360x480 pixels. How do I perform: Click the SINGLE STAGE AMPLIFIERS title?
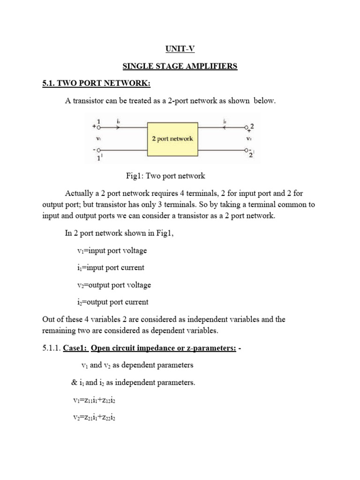[x=180, y=66]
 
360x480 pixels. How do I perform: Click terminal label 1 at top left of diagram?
[x=99, y=121]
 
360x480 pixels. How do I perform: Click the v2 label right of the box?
[x=249, y=139]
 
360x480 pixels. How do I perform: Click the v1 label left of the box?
[x=98, y=139]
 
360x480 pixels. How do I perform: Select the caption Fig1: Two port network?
[x=165, y=176]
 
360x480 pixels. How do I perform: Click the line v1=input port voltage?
[x=112, y=250]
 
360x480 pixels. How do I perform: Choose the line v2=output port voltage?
[x=114, y=285]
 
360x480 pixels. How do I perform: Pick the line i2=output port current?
[x=112, y=302]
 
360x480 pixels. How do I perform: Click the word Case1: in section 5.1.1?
[x=75, y=347]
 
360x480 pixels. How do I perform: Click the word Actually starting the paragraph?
[x=80, y=193]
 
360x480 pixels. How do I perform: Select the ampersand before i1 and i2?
[x=74, y=382]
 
